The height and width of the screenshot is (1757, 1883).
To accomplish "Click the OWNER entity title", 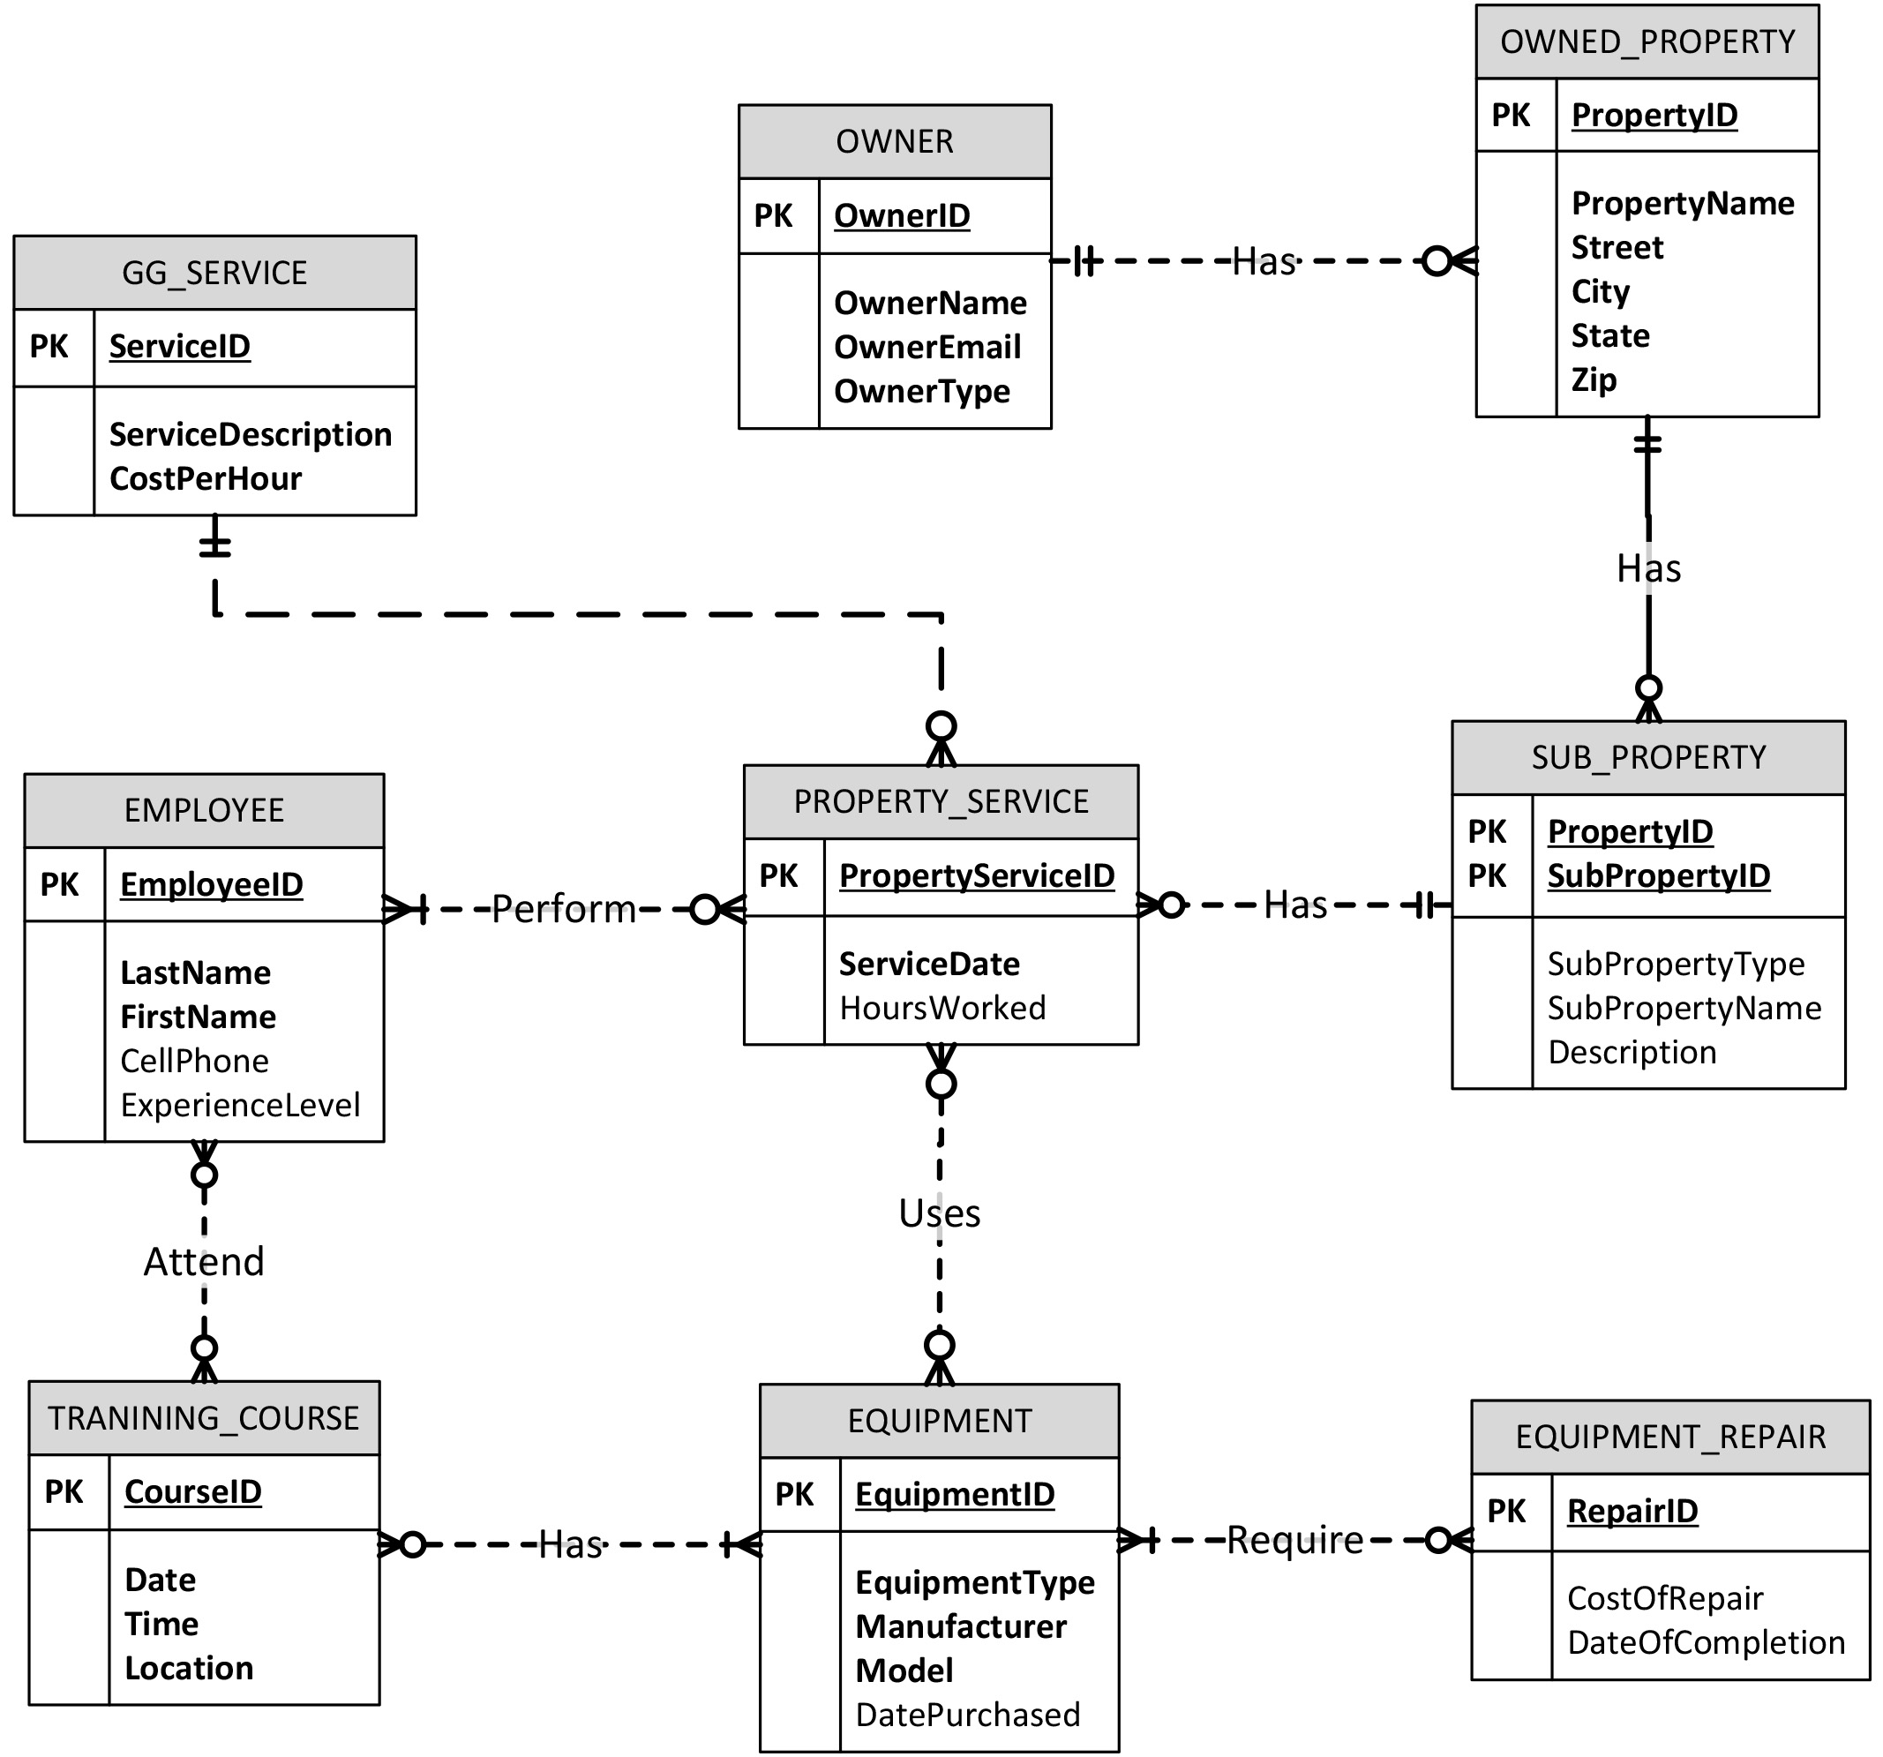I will [893, 141].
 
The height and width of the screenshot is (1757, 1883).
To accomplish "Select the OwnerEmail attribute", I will [926, 347].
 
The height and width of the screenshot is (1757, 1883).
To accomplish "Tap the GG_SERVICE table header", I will [214, 273].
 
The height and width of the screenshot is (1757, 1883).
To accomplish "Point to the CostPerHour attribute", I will [205, 478].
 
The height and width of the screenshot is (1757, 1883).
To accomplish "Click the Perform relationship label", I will [564, 909].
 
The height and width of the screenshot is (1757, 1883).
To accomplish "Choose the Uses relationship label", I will [939, 1213].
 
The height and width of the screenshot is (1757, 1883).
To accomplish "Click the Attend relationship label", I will [204, 1262].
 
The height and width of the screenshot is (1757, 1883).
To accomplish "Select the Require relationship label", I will [1294, 1540].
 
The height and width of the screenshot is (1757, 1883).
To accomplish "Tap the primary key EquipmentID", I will [954, 1494].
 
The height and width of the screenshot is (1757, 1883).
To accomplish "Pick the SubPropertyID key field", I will [1658, 875].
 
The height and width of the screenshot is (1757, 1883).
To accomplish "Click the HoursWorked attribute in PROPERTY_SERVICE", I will [941, 1008].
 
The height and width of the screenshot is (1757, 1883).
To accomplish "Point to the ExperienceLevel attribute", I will [240, 1104].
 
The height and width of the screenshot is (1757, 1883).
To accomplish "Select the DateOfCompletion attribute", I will [1705, 1641].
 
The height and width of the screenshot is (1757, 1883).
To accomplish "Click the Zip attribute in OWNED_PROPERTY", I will [1594, 379].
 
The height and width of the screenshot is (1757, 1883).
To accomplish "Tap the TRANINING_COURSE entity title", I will [204, 1418].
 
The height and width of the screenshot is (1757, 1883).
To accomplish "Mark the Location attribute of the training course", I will [189, 1667].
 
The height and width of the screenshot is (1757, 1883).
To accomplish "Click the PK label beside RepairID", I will [1506, 1511].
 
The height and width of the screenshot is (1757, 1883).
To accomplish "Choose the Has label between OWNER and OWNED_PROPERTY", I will [1263, 260].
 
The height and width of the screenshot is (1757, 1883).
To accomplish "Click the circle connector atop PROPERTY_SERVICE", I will [941, 726].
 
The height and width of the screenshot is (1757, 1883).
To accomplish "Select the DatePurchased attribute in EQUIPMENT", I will [966, 1715].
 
